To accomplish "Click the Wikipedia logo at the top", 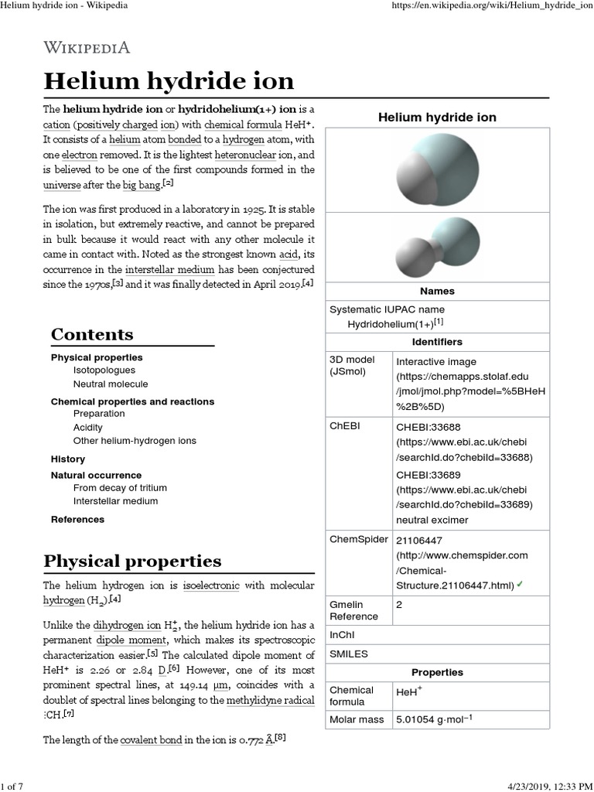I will tap(87, 47).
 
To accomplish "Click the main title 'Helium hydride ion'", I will tap(169, 80).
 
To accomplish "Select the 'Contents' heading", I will tap(92, 334).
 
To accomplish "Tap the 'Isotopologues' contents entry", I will tap(104, 370).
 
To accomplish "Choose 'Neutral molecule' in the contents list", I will tap(111, 384).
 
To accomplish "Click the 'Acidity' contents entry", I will tap(87, 427).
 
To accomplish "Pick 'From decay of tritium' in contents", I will tap(120, 488).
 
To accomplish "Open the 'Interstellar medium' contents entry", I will tap(115, 501).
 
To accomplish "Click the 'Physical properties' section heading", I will tap(132, 561).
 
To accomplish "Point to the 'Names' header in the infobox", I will tap(437, 292).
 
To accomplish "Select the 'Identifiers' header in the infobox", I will tap(437, 342).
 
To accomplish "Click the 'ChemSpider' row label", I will tap(359, 540).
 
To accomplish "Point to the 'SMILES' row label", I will tap(349, 654).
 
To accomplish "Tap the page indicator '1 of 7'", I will tap(13, 787).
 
